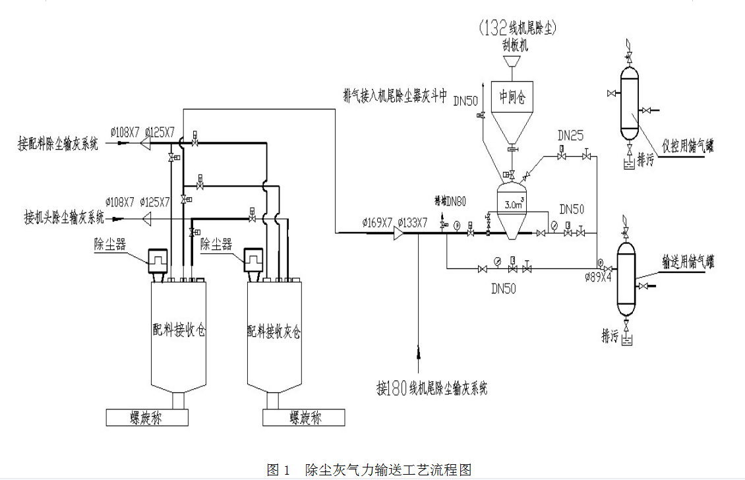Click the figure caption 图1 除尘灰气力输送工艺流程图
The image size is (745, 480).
click(369, 469)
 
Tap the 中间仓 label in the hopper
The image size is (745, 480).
click(513, 97)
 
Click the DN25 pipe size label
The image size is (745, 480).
click(571, 135)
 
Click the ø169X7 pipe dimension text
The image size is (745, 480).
click(377, 222)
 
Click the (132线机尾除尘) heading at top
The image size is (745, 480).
click(518, 28)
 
